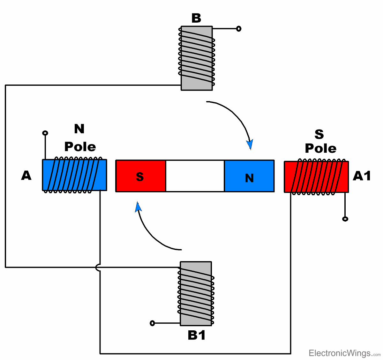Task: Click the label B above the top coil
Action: [x=196, y=18]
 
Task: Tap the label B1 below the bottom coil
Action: [x=196, y=335]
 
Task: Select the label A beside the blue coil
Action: [x=26, y=175]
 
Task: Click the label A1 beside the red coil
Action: [x=362, y=176]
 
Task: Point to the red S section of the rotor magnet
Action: [x=140, y=176]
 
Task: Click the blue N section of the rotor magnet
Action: [x=249, y=176]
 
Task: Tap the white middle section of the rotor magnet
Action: [x=195, y=176]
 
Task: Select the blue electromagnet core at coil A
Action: [x=74, y=175]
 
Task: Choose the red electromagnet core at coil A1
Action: [x=316, y=177]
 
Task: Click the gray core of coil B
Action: [x=197, y=58]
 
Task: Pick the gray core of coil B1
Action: [x=196, y=293]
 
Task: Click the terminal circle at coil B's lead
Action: [x=238, y=29]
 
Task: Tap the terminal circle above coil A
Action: [x=45, y=133]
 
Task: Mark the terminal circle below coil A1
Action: [x=345, y=219]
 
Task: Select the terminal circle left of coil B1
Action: [x=152, y=323]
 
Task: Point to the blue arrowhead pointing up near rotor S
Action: [x=138, y=207]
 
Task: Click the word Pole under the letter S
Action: [x=320, y=149]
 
